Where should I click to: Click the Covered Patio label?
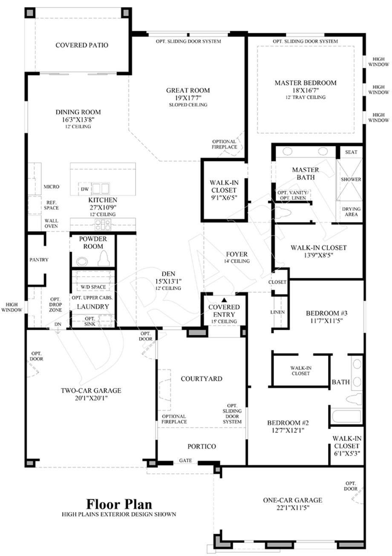(82, 45)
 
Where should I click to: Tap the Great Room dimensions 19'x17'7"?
(188, 98)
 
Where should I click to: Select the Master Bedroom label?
(306, 83)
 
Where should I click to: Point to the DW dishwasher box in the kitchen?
(85, 189)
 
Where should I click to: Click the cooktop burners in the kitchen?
(103, 225)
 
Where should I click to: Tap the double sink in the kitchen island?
(101, 188)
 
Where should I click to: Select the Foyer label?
(236, 254)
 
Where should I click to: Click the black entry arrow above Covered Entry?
(224, 300)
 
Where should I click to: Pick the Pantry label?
(39, 260)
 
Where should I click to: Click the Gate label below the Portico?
(185, 460)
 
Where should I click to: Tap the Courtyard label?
(202, 379)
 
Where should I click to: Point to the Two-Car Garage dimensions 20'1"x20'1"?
(91, 398)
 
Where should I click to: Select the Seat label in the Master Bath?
(351, 152)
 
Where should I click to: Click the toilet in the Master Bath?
(283, 212)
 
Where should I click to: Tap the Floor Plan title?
(119, 504)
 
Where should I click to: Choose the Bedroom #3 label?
(326, 313)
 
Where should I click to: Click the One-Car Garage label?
(293, 500)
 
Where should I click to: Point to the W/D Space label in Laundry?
(93, 287)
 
